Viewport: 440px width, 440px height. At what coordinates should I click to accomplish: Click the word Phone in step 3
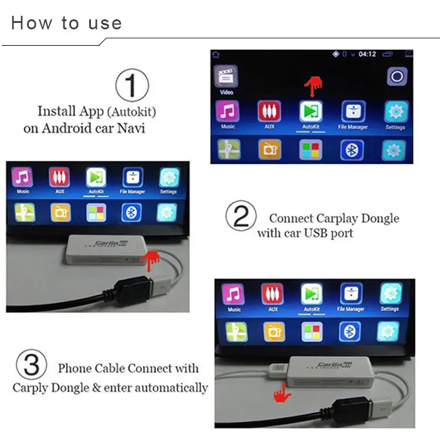pyautogui.click(x=74, y=369)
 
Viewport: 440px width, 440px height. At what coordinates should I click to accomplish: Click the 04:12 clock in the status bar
pyautogui.click(x=367, y=54)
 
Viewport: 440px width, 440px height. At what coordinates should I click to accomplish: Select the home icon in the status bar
pyautogui.click(x=216, y=54)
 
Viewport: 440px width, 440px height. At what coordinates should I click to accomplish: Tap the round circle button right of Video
pyautogui.click(x=397, y=76)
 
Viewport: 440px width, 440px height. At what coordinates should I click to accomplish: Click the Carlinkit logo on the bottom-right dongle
pyautogui.click(x=331, y=365)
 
